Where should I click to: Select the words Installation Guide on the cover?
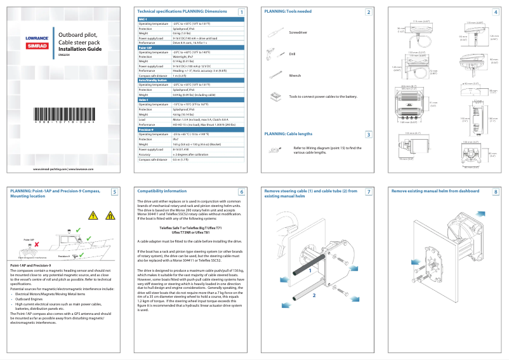click(x=79, y=48)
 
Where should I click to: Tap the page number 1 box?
click(x=242, y=12)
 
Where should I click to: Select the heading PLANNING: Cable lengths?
click(x=288, y=134)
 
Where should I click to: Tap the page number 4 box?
click(x=496, y=12)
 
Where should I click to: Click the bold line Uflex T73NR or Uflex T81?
click(x=190, y=232)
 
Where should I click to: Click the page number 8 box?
click(x=496, y=192)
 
